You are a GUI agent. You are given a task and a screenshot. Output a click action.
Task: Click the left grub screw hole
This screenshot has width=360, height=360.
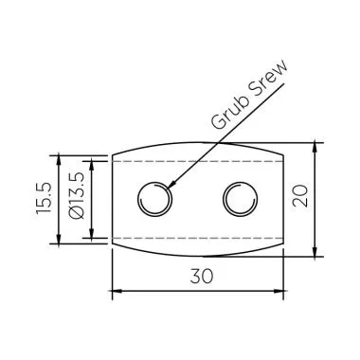click(153, 200)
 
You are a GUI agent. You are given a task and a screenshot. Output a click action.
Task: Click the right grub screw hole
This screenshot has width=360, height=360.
click(239, 200)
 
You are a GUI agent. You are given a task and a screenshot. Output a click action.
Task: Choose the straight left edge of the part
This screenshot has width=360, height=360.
click(113, 200)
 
